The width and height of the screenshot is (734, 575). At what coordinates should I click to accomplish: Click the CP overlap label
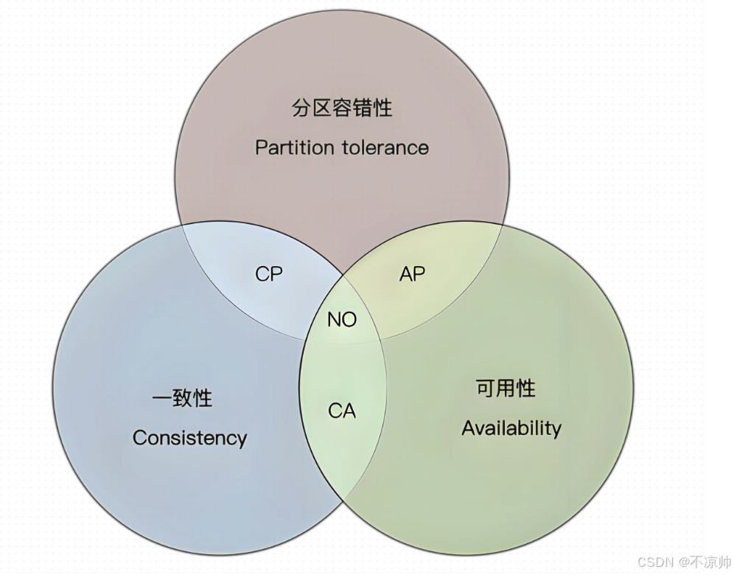[x=269, y=274]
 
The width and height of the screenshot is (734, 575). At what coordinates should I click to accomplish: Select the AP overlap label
[x=413, y=274]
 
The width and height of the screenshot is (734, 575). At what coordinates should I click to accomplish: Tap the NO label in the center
[x=342, y=319]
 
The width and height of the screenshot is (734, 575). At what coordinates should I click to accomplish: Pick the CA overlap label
[x=342, y=411]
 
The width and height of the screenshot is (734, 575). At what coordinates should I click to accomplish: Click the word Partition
[x=294, y=147]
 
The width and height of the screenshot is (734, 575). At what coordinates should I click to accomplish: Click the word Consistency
[x=189, y=438]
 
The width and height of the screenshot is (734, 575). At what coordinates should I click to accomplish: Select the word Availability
[x=511, y=428]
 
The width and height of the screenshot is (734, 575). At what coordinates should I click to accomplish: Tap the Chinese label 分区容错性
[x=342, y=108]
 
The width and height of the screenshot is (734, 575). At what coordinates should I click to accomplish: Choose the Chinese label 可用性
[x=506, y=388]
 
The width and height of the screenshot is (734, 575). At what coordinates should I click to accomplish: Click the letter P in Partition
[x=260, y=147]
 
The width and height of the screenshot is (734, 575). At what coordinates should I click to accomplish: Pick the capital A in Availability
[x=468, y=428]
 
